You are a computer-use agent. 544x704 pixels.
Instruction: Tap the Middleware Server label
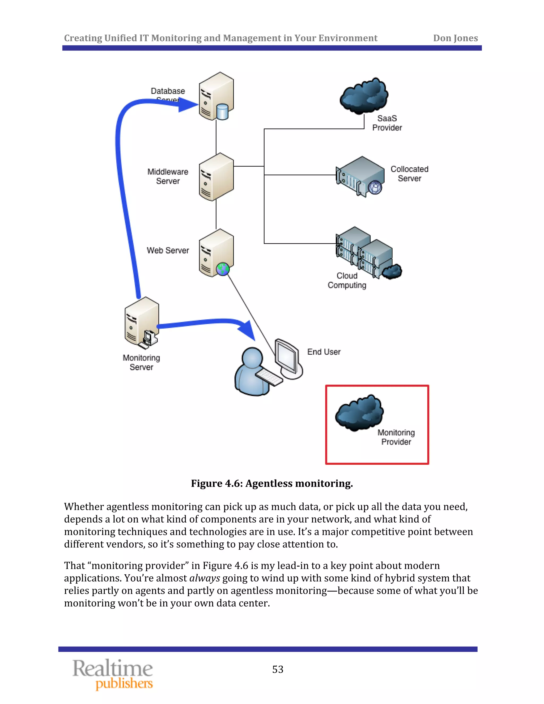coord(168,176)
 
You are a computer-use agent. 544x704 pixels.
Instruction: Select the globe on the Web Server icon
coord(223,269)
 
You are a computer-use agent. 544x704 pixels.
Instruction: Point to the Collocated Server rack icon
coord(360,177)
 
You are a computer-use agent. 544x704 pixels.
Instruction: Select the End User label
coord(324,352)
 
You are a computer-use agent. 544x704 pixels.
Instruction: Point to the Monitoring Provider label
coord(396,437)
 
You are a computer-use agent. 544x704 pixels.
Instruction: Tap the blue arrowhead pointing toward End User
coord(247,330)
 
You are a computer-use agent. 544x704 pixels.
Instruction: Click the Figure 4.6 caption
coord(272,484)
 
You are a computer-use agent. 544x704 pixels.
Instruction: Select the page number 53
coord(278,669)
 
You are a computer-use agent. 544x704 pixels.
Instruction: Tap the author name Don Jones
coord(455,38)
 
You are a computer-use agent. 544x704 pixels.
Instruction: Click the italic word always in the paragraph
coord(204,578)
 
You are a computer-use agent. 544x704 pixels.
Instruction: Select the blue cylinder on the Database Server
coord(222,112)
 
